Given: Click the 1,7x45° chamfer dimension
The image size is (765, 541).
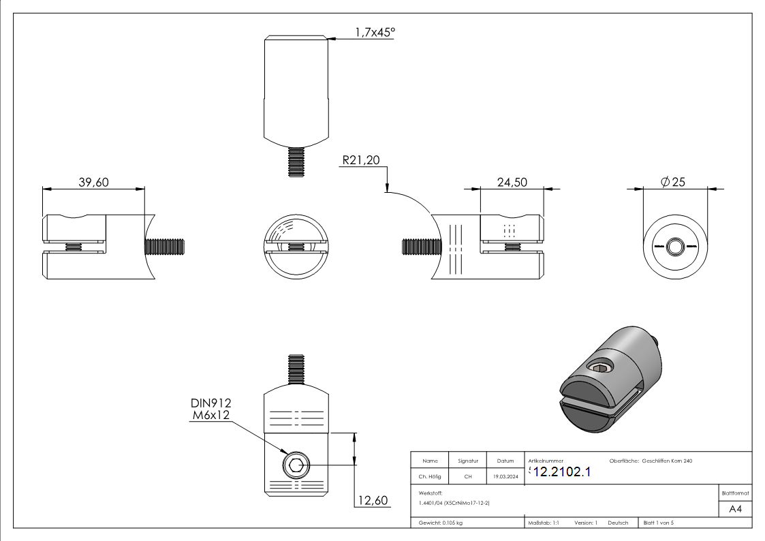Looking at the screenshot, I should coord(375,31).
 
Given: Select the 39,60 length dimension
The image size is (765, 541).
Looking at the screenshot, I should coord(93,182).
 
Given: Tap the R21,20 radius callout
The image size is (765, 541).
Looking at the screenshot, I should coord(360,161).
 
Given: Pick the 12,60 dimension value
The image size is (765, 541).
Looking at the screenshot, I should coord(371,501).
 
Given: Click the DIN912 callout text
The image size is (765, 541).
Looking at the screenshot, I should coord(212,404).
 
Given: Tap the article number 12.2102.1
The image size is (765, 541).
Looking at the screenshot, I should coord(562,472).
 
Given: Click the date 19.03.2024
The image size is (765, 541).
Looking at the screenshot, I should coord(505,477).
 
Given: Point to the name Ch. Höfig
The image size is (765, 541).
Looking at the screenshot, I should coord(430,477).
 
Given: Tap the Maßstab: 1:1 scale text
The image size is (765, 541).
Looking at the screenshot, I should coord(544,523).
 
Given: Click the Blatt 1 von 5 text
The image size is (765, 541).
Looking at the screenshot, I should coord(659,523).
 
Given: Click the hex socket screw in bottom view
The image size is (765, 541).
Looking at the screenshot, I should coord(296,466).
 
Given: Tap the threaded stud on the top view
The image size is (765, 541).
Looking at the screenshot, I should coord(296,164).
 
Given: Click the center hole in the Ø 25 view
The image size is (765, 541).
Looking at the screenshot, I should coord(676,245).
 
